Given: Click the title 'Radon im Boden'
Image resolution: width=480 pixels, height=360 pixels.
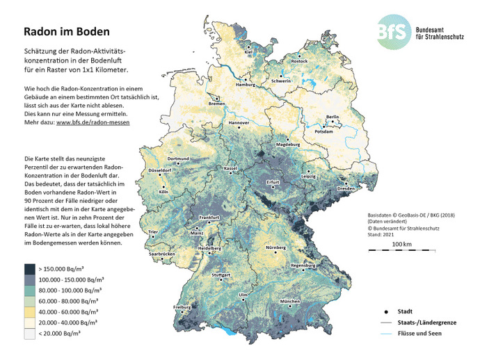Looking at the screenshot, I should click(67, 32).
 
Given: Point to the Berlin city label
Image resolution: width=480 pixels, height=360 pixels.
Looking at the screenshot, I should click(332, 117).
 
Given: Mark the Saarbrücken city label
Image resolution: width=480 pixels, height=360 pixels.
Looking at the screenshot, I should click(161, 254).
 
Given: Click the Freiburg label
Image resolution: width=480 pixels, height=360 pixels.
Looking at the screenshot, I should click(182, 306).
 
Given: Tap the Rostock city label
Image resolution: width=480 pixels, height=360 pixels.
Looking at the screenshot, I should click(298, 61).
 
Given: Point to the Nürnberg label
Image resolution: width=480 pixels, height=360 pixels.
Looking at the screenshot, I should click(276, 248).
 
